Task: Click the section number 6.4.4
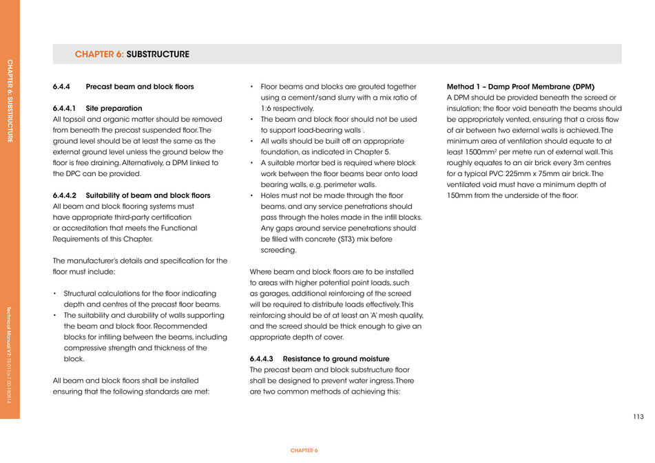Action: click(63, 87)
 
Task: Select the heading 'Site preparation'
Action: click(114, 108)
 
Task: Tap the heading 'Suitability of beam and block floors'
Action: click(148, 195)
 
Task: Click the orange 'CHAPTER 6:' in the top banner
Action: click(99, 54)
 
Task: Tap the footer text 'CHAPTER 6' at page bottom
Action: click(304, 450)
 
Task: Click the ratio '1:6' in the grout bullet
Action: click(267, 109)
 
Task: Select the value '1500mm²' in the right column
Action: click(483, 152)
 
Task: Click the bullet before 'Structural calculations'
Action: click(54, 294)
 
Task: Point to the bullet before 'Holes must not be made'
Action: click(252, 196)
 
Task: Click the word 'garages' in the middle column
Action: click(274, 294)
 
